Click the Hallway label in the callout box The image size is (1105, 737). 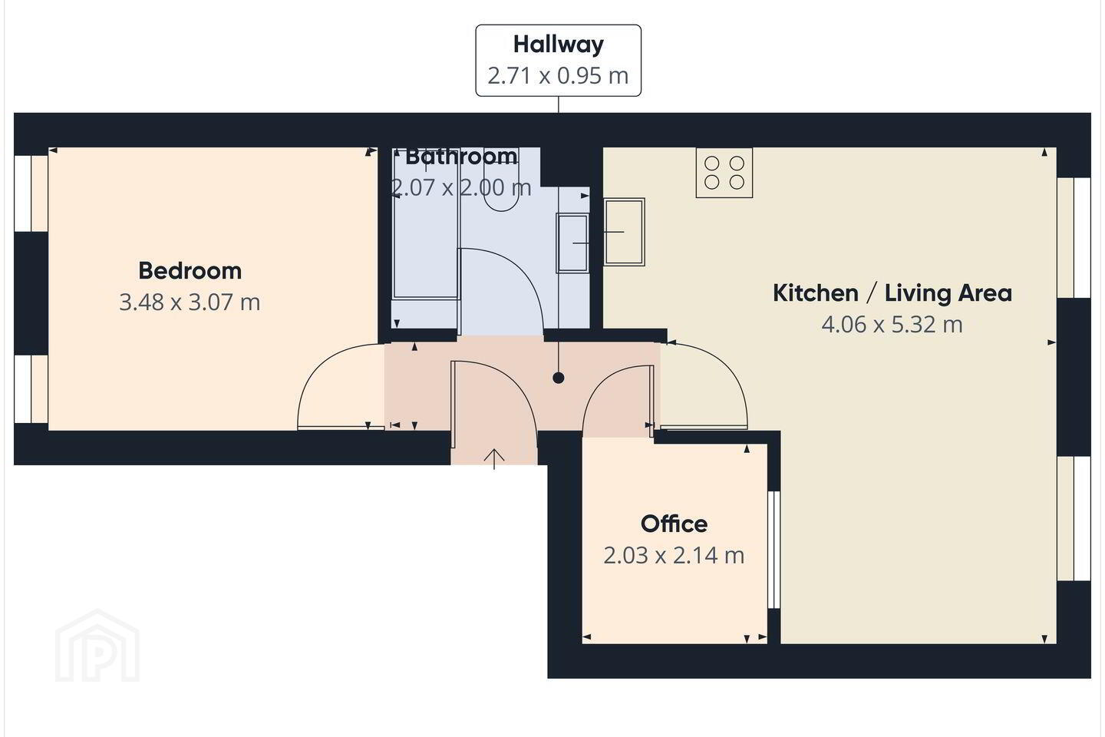tap(559, 45)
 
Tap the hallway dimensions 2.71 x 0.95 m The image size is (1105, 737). tap(559, 76)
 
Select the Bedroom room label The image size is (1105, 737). tap(190, 270)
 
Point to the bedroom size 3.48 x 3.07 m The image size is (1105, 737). tap(190, 302)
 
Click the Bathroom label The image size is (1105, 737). tap(461, 157)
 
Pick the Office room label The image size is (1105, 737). tap(674, 524)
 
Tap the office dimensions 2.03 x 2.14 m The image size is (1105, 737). tap(674, 556)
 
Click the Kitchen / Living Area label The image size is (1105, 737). tap(892, 293)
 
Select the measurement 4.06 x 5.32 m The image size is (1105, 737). tap(892, 325)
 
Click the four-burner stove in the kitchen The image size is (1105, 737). tap(724, 173)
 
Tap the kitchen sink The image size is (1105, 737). tap(624, 232)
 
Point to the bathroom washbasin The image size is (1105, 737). tap(572, 243)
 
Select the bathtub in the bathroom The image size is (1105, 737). tap(426, 225)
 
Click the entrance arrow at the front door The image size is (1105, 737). tap(494, 459)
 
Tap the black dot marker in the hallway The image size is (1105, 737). tap(559, 378)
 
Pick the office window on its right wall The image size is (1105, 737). tap(774, 550)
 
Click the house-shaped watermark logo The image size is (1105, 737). tap(97, 646)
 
